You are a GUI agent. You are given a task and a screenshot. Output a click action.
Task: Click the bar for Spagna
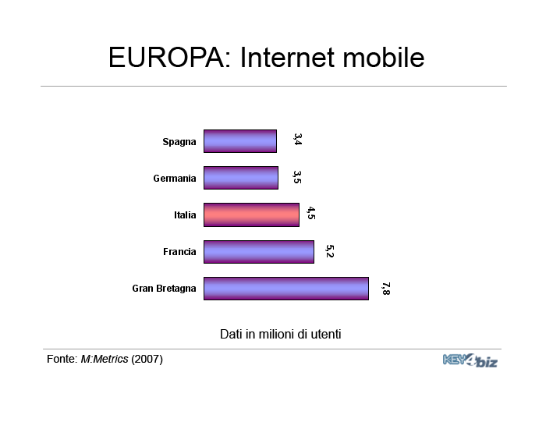[240, 141]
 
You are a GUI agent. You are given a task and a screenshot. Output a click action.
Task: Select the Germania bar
[241, 178]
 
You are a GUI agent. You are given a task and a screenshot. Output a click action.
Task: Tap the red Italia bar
[251, 214]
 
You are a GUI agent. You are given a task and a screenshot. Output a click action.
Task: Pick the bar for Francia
[259, 252]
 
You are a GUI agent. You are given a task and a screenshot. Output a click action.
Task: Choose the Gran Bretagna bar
[286, 289]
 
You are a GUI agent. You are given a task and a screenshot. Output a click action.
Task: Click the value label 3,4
[297, 139]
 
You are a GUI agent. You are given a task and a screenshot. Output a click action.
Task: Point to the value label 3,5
[297, 177]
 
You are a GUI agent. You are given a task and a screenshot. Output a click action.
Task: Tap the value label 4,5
[311, 213]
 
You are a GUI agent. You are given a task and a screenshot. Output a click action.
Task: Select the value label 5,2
[329, 251]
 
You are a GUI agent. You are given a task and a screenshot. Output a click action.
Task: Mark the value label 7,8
[385, 289]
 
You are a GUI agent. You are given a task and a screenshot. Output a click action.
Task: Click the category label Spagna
[179, 142]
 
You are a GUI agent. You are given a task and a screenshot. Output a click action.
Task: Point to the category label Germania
[175, 179]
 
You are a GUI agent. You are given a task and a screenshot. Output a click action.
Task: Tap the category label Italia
[185, 214]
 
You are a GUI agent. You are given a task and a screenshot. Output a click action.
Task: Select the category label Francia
[179, 251]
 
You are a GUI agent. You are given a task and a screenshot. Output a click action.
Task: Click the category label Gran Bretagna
[164, 289]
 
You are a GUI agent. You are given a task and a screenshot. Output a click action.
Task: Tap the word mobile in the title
[384, 57]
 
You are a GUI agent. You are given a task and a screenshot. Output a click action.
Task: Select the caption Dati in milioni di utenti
[280, 334]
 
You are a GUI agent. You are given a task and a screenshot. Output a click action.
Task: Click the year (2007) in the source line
[147, 359]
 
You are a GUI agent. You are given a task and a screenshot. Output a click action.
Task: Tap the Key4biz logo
[470, 360]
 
